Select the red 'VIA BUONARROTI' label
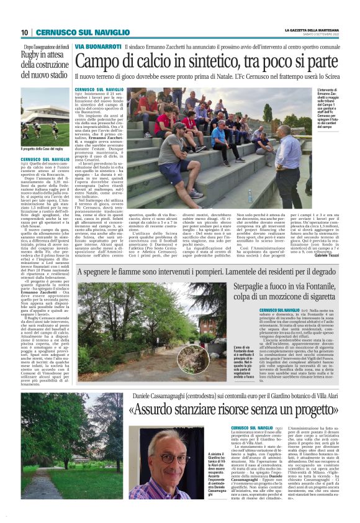pos(97,47)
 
